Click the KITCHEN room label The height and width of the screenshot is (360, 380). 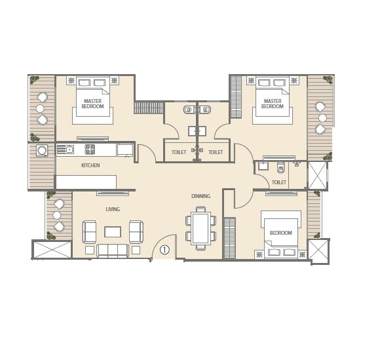[90, 165]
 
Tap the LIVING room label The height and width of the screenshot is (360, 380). [113, 209]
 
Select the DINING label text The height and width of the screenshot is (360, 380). [200, 196]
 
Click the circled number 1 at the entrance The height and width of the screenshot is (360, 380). [164, 249]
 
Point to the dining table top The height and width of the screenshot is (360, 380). [200, 228]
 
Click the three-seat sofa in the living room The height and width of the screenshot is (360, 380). [113, 250]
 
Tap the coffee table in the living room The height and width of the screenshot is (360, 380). [113, 231]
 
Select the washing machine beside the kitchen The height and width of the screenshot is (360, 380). [42, 151]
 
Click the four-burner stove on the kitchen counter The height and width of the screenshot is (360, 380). [89, 149]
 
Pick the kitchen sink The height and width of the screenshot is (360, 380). [66, 150]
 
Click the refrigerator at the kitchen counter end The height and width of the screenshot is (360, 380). [125, 150]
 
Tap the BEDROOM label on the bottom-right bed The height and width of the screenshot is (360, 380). [281, 233]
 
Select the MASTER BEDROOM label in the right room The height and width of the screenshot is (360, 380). [272, 103]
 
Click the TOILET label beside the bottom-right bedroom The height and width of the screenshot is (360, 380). [278, 182]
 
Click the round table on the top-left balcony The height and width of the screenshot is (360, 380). [40, 109]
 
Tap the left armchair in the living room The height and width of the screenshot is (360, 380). [90, 231]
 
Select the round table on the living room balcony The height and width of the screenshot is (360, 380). [57, 215]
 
